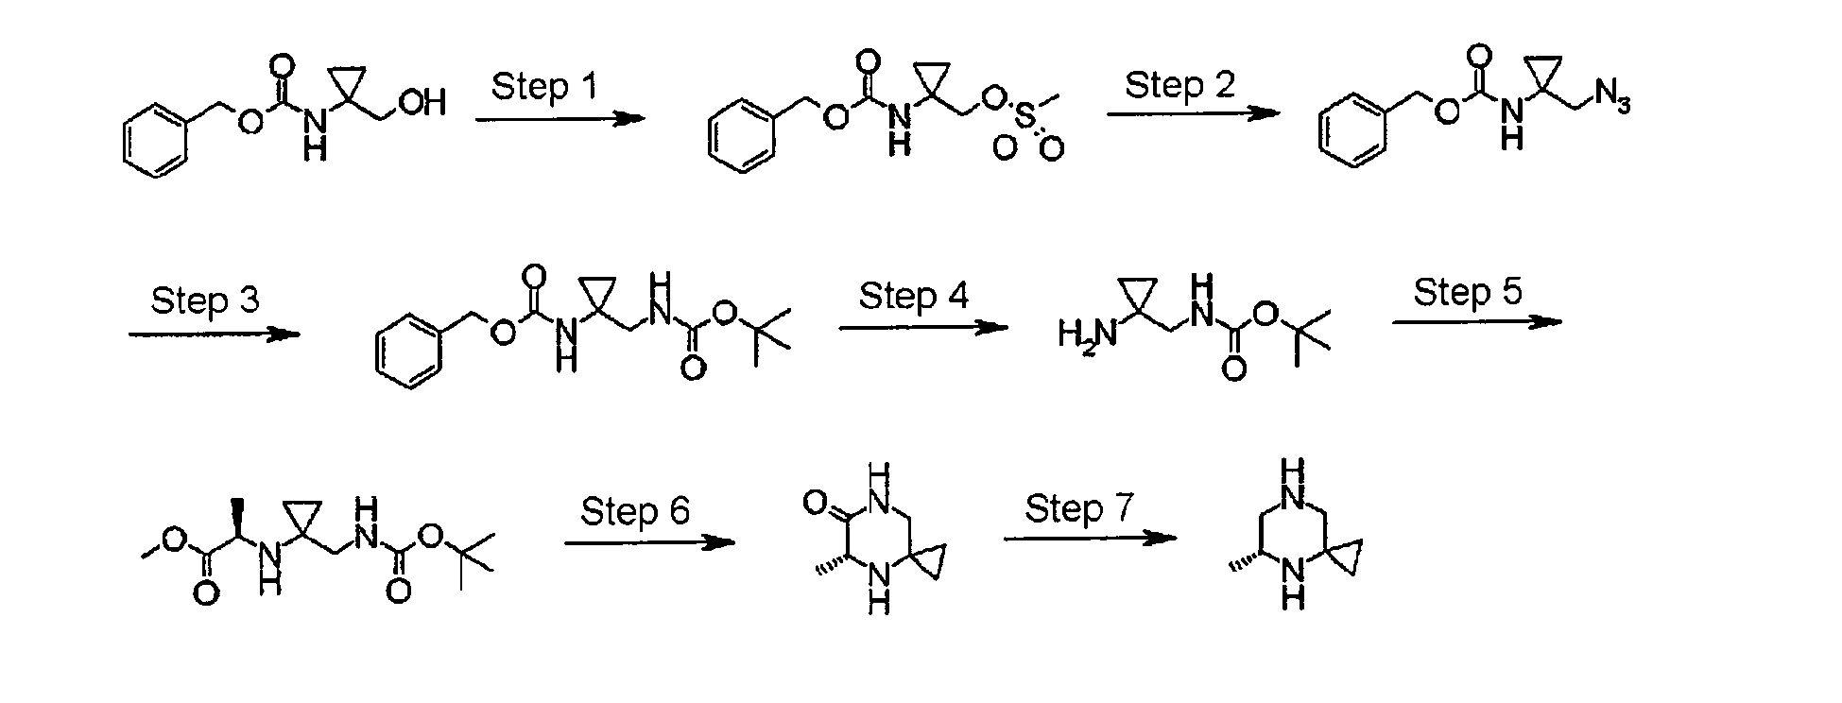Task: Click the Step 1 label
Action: pyautogui.click(x=544, y=86)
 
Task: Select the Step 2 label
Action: pyautogui.click(x=1179, y=85)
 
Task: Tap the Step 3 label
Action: pyautogui.click(x=204, y=300)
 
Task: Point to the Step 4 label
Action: pyautogui.click(x=913, y=296)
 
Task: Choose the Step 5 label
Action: pyautogui.click(x=1468, y=291)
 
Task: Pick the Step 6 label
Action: pyautogui.click(x=635, y=511)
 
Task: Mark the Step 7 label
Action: pyautogui.click(x=1079, y=508)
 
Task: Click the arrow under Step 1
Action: pyautogui.click(x=559, y=119)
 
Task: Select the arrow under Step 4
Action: pyautogui.click(x=923, y=328)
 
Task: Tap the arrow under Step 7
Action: pyautogui.click(x=1091, y=539)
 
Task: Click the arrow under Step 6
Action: pyautogui.click(x=649, y=542)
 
